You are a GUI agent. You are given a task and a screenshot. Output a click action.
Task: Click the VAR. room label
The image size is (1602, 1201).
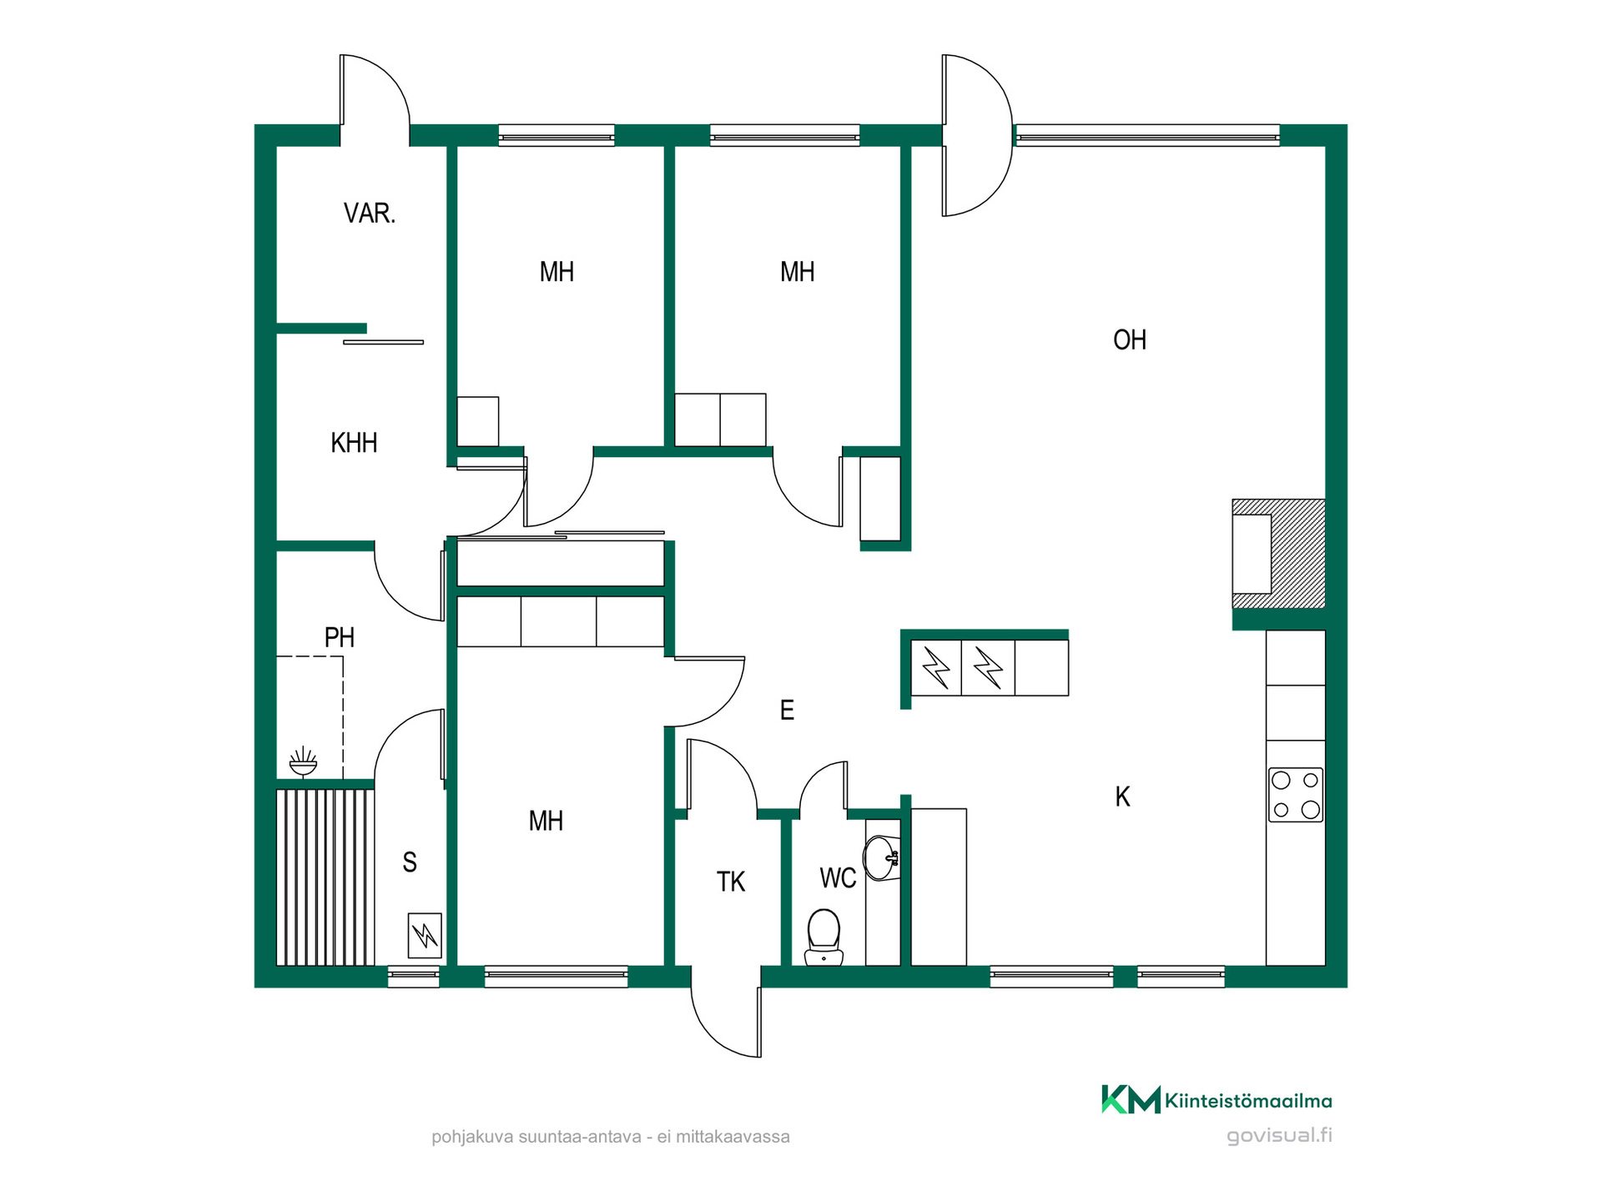[369, 214]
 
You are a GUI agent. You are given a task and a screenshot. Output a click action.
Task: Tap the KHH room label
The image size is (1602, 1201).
[354, 443]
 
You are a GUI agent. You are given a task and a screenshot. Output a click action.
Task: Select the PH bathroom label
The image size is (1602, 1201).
[340, 638]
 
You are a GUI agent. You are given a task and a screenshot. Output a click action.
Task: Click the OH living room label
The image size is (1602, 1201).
[1130, 340]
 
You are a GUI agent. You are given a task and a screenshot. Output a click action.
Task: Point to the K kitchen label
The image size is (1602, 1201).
[1123, 797]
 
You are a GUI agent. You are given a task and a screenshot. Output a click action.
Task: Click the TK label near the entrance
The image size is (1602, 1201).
[731, 882]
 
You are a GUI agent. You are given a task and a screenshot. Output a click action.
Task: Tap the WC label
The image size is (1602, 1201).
[838, 878]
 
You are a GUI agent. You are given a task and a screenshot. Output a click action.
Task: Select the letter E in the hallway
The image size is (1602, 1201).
[787, 711]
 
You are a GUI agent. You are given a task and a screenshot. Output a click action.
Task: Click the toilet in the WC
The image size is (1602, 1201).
[824, 937]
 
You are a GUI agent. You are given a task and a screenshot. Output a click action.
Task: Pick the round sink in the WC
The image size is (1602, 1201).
[880, 858]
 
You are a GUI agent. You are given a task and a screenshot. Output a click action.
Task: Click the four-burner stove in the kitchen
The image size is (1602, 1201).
[1296, 795]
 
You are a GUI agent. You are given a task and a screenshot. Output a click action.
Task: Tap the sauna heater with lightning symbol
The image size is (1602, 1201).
[425, 936]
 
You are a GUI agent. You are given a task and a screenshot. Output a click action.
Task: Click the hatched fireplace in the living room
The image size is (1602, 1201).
[1278, 554]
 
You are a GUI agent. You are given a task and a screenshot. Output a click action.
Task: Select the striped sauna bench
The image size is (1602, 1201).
[325, 877]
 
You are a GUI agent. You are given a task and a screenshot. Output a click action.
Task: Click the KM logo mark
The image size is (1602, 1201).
[1131, 1099]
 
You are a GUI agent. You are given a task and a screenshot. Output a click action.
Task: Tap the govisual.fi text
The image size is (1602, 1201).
[1279, 1135]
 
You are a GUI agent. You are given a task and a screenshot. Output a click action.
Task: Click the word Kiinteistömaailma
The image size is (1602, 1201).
[1248, 1101]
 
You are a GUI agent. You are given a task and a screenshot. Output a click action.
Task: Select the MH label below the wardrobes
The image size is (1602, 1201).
[546, 822]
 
